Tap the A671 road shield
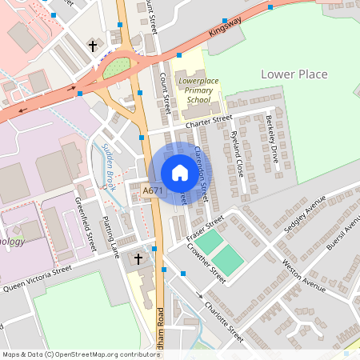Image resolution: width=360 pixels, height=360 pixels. [152, 191]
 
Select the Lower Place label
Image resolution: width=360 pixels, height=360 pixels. [294, 74]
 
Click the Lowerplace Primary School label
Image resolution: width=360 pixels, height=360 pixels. [195, 90]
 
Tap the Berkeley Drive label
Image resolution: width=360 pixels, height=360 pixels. [270, 138]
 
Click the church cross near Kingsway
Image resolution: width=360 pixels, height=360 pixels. [93, 46]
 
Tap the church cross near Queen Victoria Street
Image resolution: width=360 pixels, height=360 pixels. [138, 259]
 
